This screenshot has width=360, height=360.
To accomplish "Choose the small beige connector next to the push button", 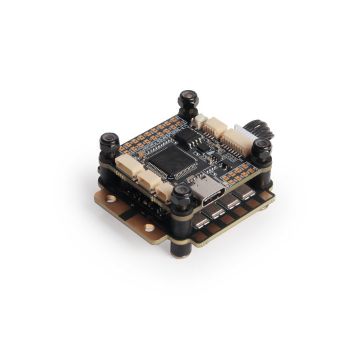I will pos(215,127).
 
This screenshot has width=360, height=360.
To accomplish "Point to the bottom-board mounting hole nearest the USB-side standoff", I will pos(149,228).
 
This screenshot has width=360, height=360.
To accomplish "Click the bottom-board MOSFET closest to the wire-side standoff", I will pos(246,193).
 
